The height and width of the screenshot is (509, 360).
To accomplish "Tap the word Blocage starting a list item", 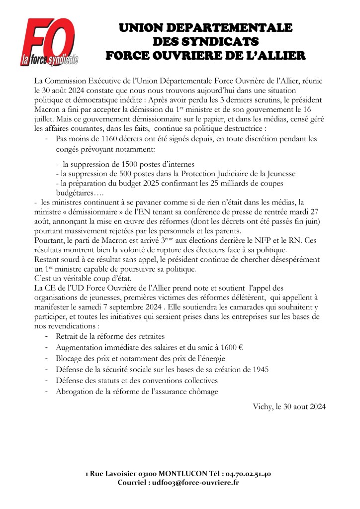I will point(71,359).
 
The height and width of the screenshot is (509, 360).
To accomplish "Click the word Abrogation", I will point(77,392).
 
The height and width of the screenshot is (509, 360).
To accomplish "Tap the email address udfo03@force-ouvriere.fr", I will point(194,483).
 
